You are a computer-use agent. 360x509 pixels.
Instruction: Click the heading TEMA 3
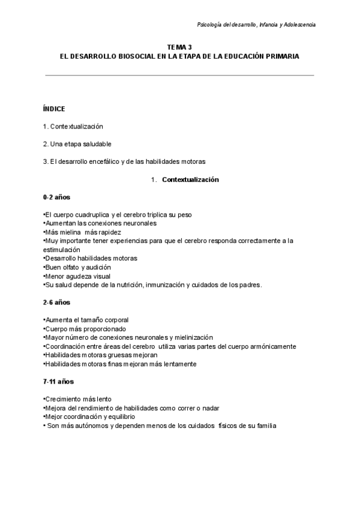(x=180, y=46)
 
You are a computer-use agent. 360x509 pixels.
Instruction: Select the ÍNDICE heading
(x=54, y=109)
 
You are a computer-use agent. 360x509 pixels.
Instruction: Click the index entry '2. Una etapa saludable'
(x=77, y=144)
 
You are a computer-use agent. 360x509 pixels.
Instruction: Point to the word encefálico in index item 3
(x=108, y=161)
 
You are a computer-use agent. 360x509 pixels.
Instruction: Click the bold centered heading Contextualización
(x=190, y=179)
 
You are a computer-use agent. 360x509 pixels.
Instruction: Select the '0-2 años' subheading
(x=56, y=197)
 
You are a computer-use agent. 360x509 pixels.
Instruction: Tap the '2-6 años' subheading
(x=56, y=303)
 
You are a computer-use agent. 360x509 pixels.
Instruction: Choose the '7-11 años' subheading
(x=58, y=382)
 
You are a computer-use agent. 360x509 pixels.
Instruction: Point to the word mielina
(x=69, y=232)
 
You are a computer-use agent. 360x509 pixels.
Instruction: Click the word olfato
(x=71, y=267)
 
